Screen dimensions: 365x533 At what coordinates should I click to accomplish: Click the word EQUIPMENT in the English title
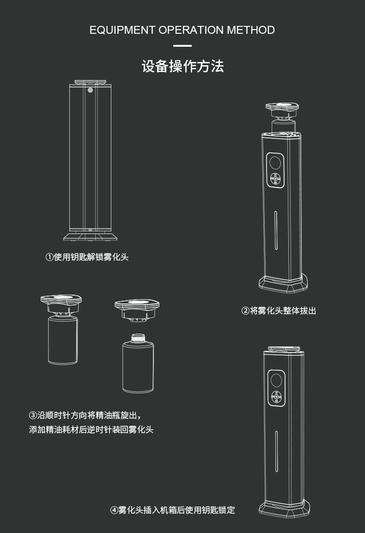[x=122, y=30]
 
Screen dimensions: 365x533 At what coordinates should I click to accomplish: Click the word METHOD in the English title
[x=250, y=30]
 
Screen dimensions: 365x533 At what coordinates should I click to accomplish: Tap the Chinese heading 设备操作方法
[x=182, y=66]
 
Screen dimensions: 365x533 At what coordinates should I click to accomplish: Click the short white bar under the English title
[x=182, y=45]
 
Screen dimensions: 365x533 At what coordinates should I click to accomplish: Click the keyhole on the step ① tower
[x=90, y=90]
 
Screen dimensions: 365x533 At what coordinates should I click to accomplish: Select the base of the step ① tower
[x=90, y=236]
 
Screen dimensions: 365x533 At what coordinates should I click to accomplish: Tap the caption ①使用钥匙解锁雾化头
[x=87, y=257]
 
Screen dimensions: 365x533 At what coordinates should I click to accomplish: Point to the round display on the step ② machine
[x=275, y=163]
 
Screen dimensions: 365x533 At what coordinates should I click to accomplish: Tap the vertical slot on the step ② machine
[x=276, y=230]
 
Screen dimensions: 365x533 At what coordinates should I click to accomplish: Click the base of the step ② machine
[x=283, y=283]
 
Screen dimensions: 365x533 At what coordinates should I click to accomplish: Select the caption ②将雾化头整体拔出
[x=279, y=311]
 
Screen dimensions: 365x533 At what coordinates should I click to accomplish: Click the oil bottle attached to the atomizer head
[x=63, y=340]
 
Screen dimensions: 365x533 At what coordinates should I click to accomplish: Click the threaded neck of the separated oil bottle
[x=138, y=338]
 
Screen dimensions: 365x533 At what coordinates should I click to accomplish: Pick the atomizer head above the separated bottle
[x=137, y=310]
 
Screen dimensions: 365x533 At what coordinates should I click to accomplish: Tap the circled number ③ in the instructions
[x=33, y=415]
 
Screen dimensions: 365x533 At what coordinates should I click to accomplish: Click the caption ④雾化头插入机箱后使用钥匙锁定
[x=172, y=510]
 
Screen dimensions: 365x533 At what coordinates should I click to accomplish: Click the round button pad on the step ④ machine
[x=276, y=397]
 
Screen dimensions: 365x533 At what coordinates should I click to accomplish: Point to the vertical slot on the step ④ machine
[x=277, y=452]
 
